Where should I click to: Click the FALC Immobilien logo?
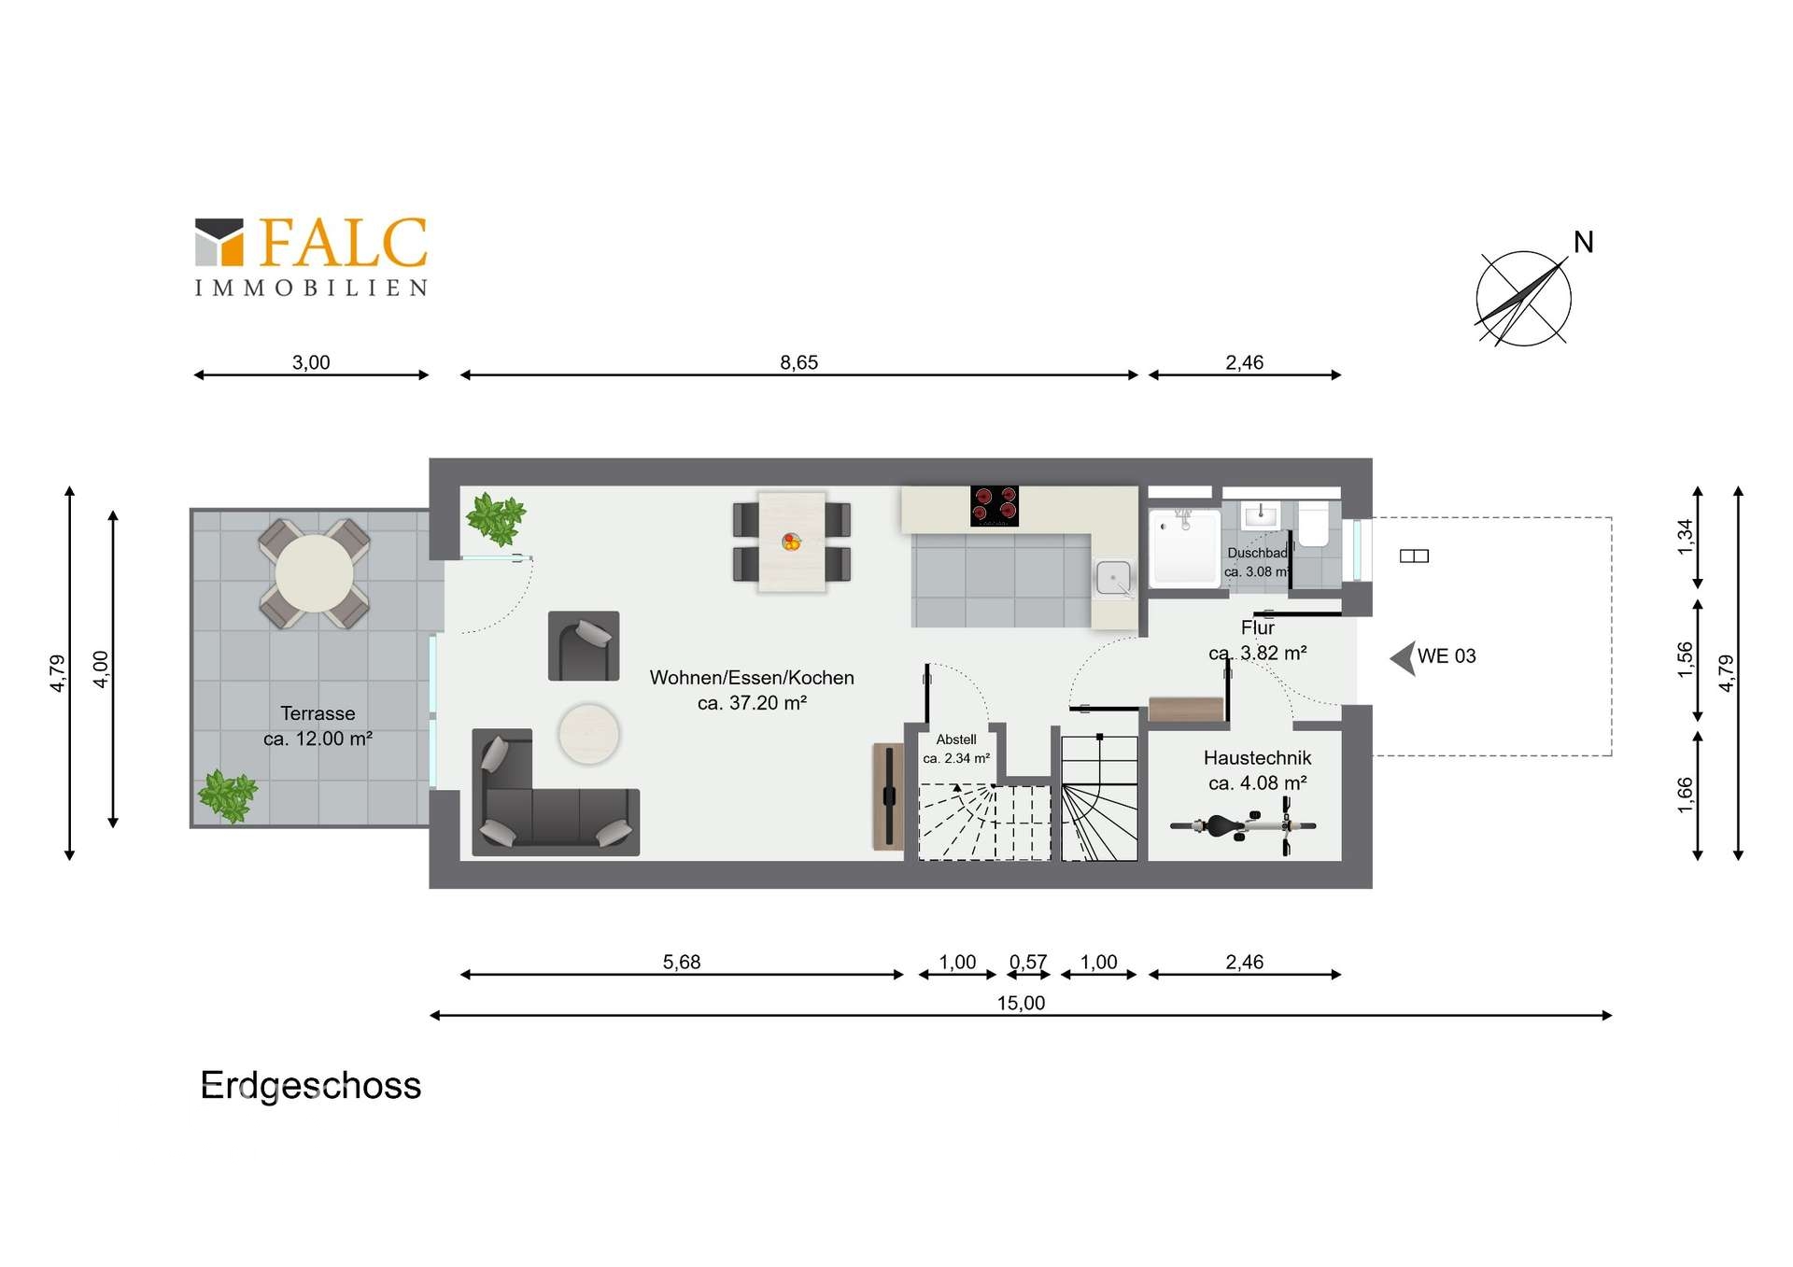click(311, 257)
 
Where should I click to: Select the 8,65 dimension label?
click(798, 362)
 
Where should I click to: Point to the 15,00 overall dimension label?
click(1021, 1003)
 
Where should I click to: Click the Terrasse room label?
click(318, 725)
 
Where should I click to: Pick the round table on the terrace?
click(314, 573)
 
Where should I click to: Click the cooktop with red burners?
click(994, 505)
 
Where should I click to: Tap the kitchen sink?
click(1113, 578)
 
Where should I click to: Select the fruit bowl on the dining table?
click(791, 542)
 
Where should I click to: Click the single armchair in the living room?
click(584, 645)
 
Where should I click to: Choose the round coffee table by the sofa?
click(588, 733)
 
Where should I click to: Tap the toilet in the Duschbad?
click(1314, 524)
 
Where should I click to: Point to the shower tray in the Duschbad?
click(1184, 547)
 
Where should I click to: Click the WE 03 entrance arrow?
click(1403, 658)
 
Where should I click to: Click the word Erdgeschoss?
click(311, 1086)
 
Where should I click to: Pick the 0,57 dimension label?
click(1028, 962)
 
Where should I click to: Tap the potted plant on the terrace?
click(227, 795)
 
